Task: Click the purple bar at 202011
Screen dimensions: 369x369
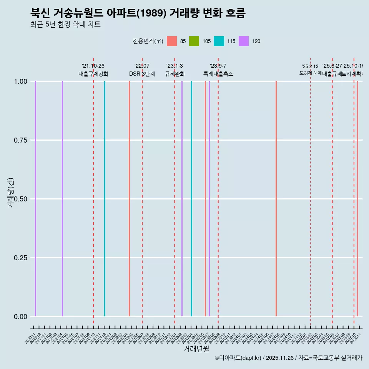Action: tap(35, 199)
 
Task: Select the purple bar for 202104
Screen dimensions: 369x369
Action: tap(62, 199)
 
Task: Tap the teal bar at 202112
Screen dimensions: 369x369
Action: tap(105, 199)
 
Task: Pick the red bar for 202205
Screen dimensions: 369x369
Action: tap(129, 199)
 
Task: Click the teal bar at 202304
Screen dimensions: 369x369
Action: tap(191, 199)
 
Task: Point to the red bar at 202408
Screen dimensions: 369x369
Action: tap(276, 199)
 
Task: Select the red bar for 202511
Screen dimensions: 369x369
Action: tap(357, 199)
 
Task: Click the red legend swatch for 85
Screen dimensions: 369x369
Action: tap(172, 41)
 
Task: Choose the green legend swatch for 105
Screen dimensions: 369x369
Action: tap(194, 41)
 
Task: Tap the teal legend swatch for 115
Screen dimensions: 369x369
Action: tap(219, 41)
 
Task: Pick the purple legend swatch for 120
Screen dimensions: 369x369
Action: tap(244, 41)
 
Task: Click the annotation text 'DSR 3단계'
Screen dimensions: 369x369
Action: tap(142, 74)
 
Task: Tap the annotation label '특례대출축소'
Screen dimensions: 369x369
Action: tap(218, 74)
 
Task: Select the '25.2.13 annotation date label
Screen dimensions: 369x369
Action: tap(310, 66)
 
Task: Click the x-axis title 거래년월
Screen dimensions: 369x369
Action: tap(196, 349)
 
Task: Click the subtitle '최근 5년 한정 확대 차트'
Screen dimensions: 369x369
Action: tap(65, 25)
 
